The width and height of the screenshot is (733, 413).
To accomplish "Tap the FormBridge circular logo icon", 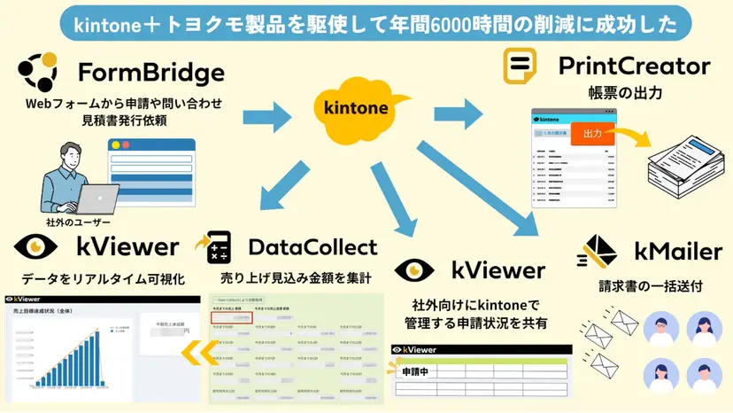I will click(x=40, y=73).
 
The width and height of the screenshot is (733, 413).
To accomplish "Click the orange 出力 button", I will click(x=593, y=135).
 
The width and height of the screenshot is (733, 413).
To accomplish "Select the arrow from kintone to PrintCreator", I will click(x=456, y=113).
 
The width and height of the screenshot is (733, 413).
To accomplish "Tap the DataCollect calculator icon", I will click(x=212, y=248).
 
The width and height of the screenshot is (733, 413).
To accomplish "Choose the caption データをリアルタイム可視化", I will click(x=95, y=279).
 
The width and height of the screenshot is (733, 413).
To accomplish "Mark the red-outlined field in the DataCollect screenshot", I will click(x=232, y=317).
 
